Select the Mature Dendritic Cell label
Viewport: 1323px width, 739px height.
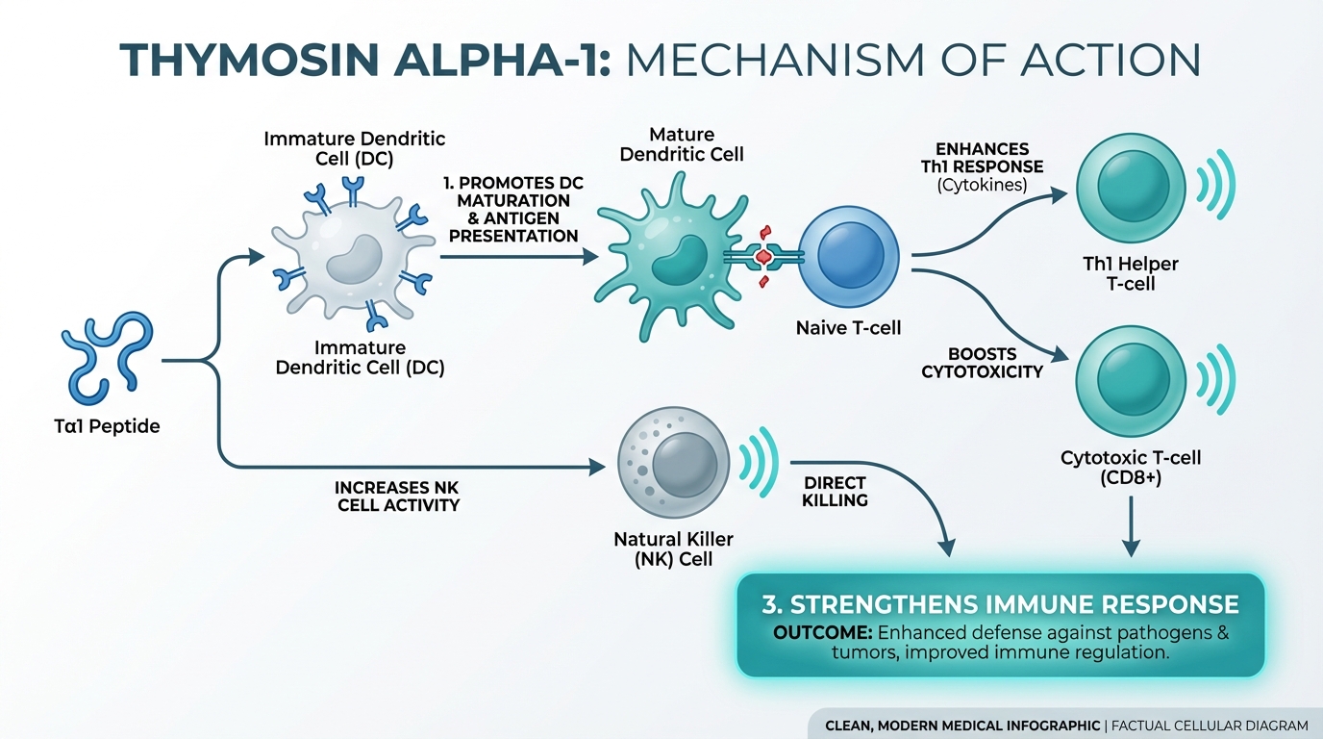[681, 143]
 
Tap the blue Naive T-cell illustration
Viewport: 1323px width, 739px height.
[848, 254]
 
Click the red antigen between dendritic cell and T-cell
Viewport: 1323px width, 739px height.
[764, 256]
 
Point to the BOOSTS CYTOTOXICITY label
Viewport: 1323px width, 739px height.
[982, 363]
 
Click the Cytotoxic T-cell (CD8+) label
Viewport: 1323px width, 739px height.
[1131, 467]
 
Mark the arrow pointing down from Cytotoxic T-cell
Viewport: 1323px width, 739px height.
[1131, 525]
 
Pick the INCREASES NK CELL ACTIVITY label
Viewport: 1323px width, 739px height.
[398, 496]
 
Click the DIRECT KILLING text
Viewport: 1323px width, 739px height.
[835, 491]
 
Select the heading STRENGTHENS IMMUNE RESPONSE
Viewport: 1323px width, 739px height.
[1000, 604]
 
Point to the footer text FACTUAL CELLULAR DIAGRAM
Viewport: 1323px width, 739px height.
[1210, 726]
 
